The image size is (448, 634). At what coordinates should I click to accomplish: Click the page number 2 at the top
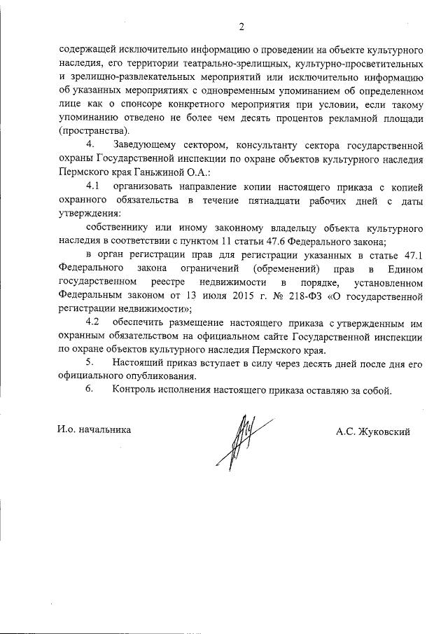point(241,27)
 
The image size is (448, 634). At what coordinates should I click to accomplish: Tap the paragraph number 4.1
point(93,186)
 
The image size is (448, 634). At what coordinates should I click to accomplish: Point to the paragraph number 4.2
point(93,322)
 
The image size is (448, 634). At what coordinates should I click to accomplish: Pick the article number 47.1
point(408,254)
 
